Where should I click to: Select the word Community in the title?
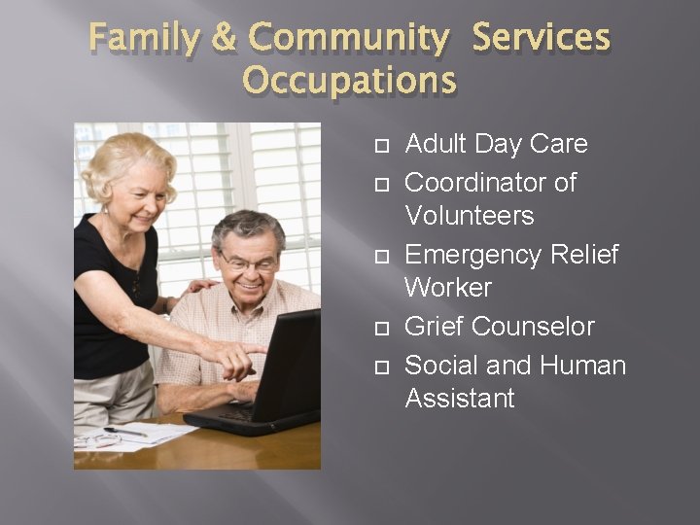pyautogui.click(x=348, y=39)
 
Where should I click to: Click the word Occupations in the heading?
pyautogui.click(x=349, y=80)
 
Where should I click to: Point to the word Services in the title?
pyautogui.click(x=542, y=39)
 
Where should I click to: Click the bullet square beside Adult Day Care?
pyautogui.click(x=381, y=146)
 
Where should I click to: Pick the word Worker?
pyautogui.click(x=448, y=288)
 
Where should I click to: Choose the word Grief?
pyautogui.click(x=433, y=327)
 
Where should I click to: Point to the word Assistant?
pyautogui.click(x=459, y=399)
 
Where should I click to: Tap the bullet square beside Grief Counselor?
pyautogui.click(x=381, y=329)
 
